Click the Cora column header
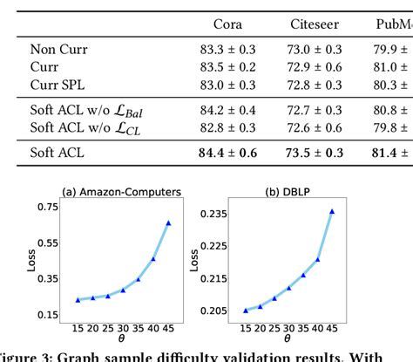[229, 24]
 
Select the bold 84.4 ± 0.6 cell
[229, 154]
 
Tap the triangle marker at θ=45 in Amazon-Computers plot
[168, 223]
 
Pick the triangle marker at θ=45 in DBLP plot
[331, 211]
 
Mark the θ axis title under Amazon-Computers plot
[121, 343]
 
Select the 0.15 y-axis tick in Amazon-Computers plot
[47, 314]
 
